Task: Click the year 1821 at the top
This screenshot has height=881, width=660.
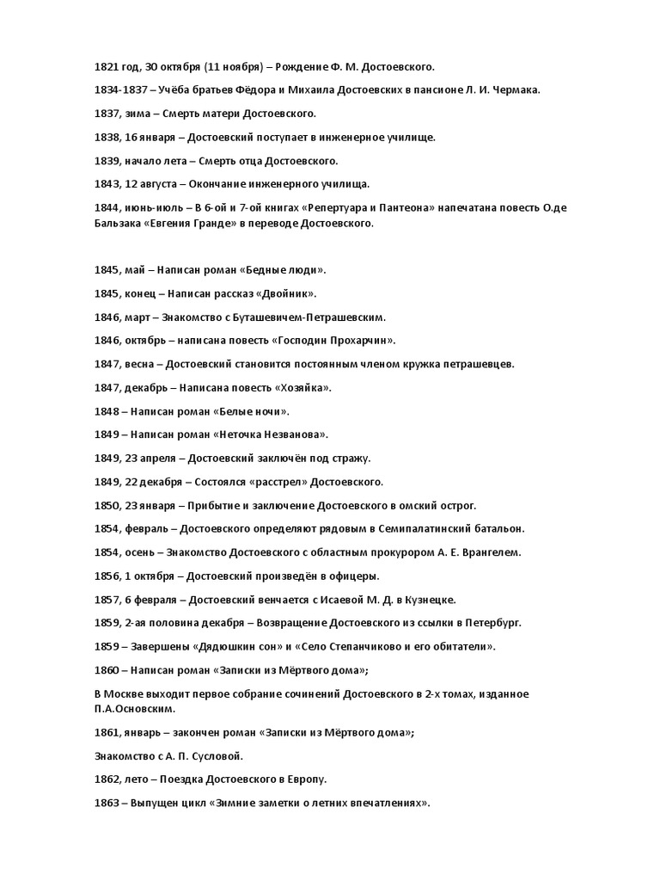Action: click(106, 66)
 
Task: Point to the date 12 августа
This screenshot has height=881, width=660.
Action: click(152, 183)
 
